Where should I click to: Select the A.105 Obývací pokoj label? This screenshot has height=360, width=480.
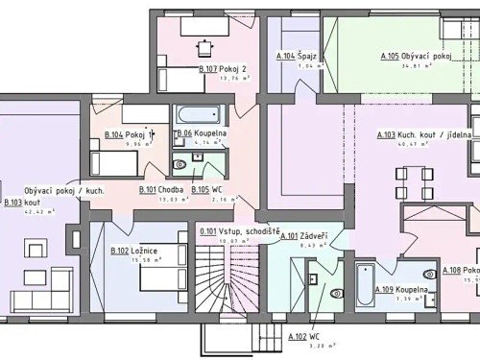[x=416, y=57]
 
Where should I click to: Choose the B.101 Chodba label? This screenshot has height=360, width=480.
[x=161, y=190]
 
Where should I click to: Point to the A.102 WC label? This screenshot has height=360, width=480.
[x=303, y=336]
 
